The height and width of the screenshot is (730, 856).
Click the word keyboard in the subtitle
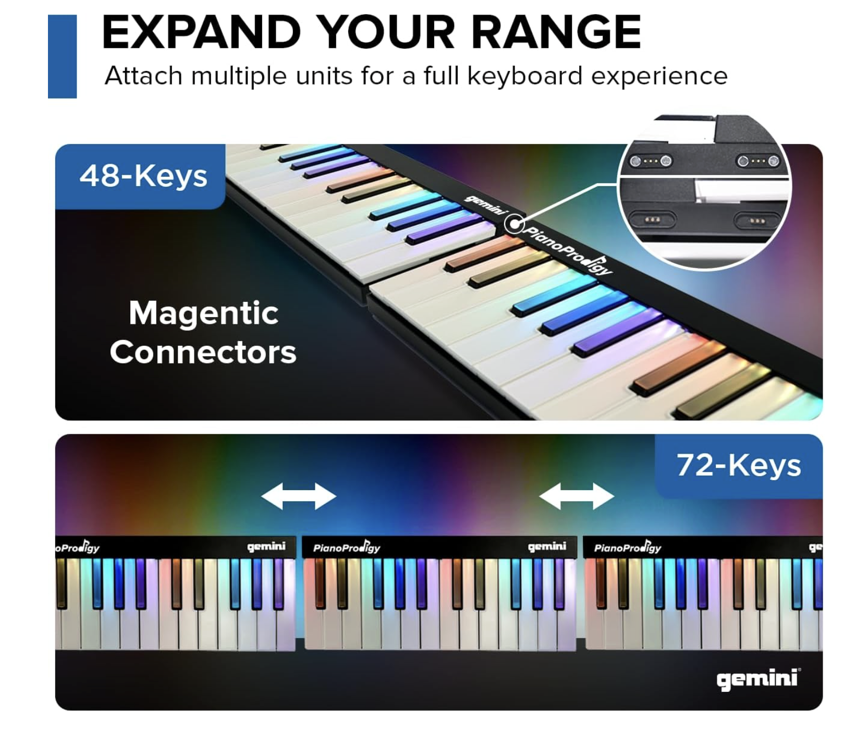(524, 76)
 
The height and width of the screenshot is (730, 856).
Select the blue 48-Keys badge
(140, 176)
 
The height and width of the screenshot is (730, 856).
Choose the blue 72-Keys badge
(739, 466)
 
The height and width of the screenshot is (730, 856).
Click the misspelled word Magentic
(203, 313)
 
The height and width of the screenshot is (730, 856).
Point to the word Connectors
(203, 352)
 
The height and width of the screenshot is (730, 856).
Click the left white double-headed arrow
(299, 496)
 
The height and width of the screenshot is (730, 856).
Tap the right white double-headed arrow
(577, 496)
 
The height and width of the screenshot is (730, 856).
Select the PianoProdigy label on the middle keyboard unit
(347, 547)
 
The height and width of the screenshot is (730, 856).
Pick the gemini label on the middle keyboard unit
(547, 546)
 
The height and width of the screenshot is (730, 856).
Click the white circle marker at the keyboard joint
(515, 224)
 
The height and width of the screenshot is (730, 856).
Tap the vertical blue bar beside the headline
(62, 56)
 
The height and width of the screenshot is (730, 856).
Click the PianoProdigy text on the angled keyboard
(568, 251)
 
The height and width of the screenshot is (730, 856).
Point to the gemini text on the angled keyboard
(485, 205)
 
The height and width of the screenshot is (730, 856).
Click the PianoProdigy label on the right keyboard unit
(628, 547)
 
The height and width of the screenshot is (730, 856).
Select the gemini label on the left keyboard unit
(266, 546)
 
